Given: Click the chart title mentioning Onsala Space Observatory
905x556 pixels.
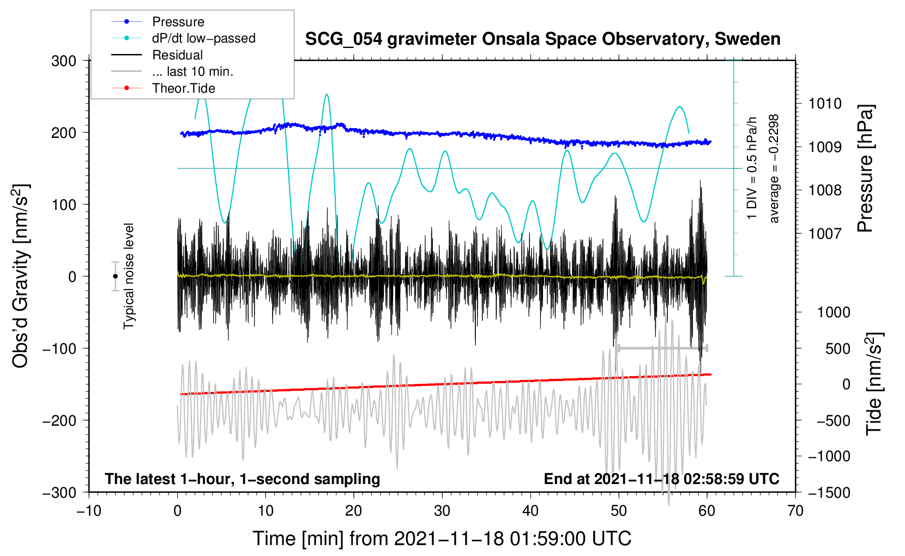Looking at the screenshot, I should [542, 39].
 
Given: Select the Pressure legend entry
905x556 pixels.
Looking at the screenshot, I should [178, 22].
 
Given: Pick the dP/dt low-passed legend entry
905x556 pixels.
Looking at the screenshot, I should [203, 38].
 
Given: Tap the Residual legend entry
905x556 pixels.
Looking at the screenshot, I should [177, 55].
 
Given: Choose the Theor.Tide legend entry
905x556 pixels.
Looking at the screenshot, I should [183, 88].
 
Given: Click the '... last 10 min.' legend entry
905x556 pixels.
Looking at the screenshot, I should [192, 71].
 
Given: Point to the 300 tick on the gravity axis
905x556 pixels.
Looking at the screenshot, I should [64, 61].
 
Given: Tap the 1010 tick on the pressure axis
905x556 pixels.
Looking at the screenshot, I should [825, 104].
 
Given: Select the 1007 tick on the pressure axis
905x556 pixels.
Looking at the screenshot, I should [825, 234].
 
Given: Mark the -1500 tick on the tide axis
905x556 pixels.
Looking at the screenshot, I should [829, 493].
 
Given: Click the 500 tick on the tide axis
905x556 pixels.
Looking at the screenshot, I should [837, 349].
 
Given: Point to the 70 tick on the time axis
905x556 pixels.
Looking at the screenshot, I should [795, 511].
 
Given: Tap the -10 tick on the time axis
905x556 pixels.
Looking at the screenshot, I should [89, 511].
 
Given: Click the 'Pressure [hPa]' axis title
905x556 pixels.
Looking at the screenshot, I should [865, 168].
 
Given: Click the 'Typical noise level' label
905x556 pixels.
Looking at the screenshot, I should [129, 276].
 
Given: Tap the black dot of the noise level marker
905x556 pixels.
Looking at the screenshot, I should [115, 276].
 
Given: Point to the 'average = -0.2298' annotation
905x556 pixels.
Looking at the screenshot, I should [774, 168].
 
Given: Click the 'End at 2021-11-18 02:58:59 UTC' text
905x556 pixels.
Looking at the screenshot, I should [661, 479].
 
